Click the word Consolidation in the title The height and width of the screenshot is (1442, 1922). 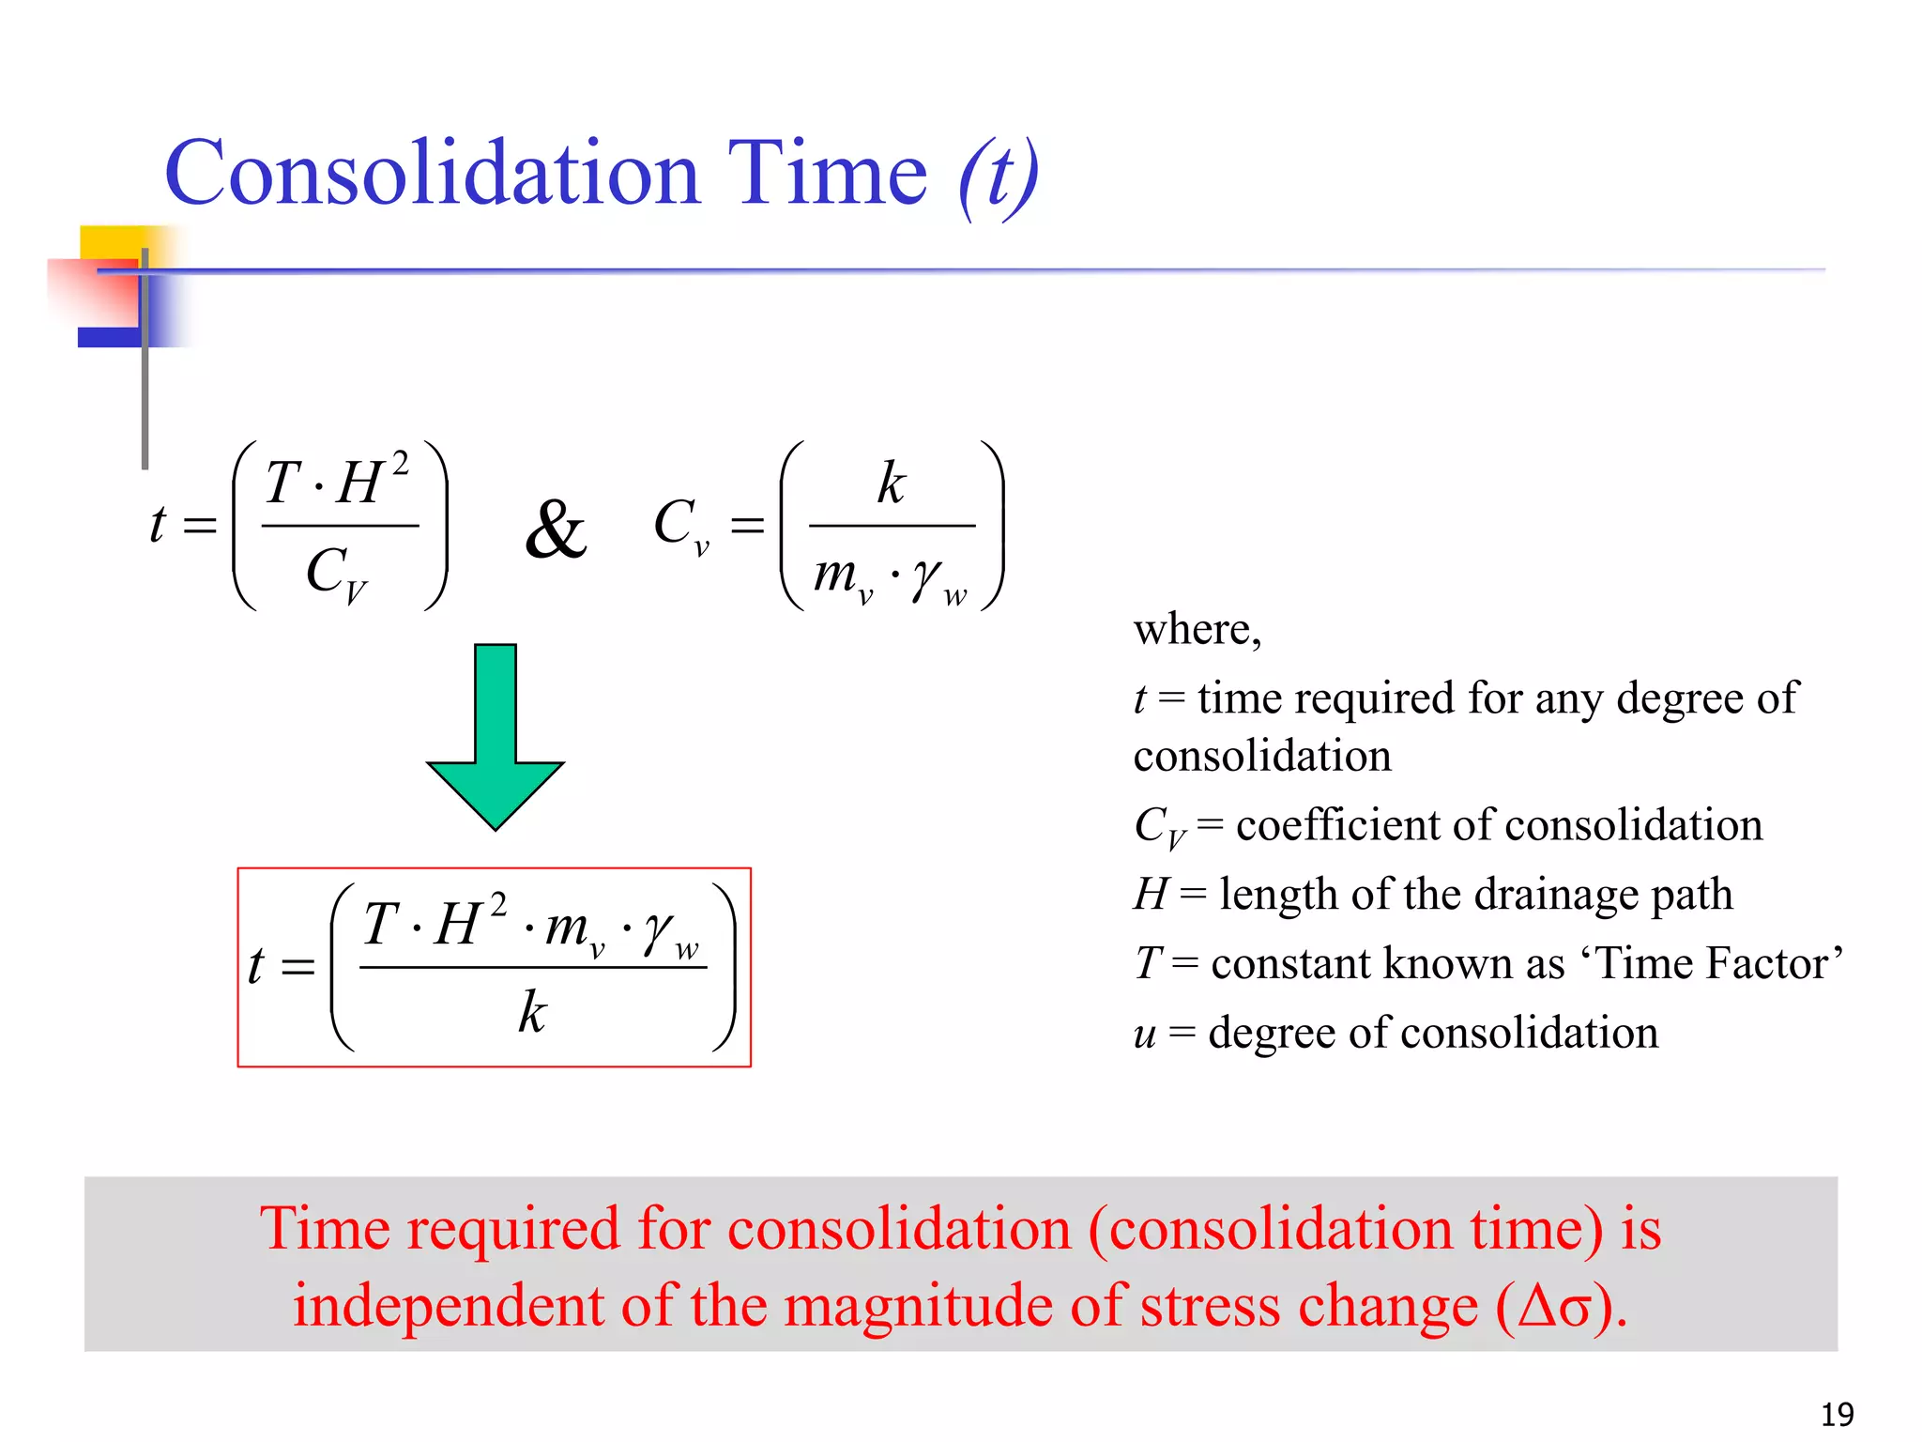pyautogui.click(x=433, y=175)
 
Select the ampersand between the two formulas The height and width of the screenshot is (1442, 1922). pyautogui.click(x=557, y=530)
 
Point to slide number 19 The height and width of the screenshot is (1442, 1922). pyautogui.click(x=1837, y=1414)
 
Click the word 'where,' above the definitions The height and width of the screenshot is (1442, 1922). pyautogui.click(x=1197, y=629)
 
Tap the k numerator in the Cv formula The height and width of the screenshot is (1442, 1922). pyautogui.click(x=892, y=483)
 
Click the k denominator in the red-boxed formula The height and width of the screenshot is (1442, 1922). pyautogui.click(x=532, y=1012)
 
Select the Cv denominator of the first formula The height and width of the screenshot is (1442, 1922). pyautogui.click(x=336, y=573)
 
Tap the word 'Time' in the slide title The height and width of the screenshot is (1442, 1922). pyautogui.click(x=827, y=175)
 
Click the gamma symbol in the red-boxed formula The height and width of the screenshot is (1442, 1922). pyautogui.click(x=657, y=929)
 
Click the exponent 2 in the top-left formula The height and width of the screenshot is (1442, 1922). pyautogui.click(x=400, y=464)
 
